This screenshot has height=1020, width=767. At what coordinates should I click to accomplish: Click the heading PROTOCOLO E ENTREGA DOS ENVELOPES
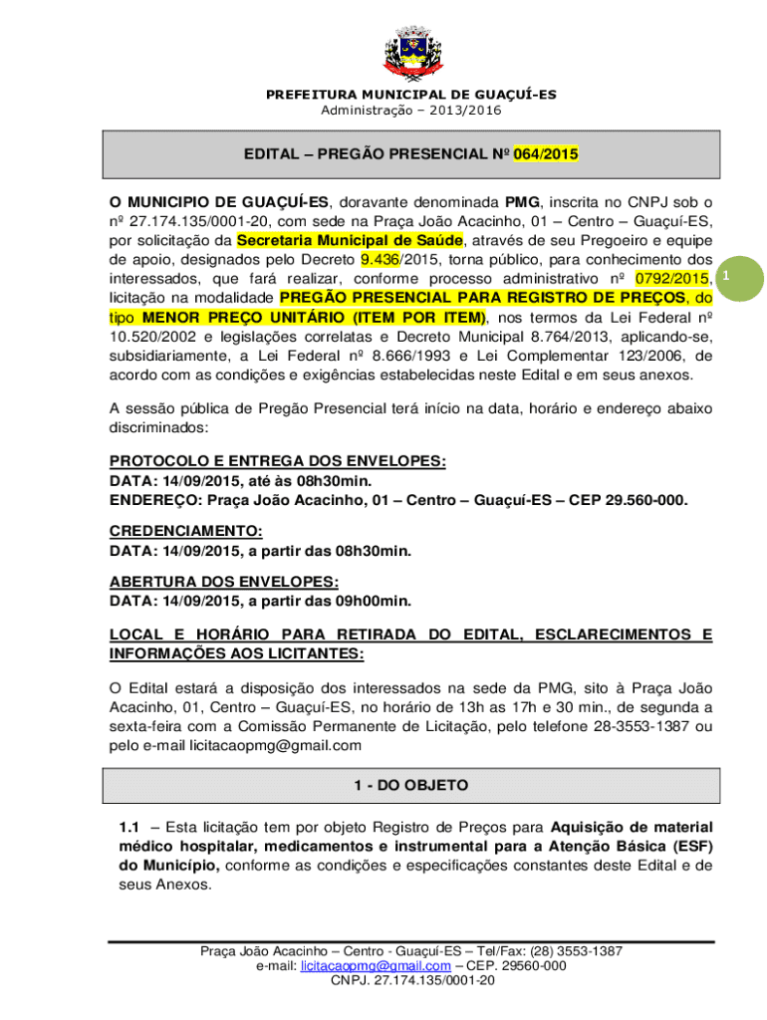pos(277,462)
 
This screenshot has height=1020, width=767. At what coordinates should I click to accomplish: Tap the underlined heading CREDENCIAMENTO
pos(186,532)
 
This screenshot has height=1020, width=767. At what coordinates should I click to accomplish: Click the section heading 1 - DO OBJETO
pos(409,786)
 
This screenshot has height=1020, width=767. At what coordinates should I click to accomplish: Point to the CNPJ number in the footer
pos(410,981)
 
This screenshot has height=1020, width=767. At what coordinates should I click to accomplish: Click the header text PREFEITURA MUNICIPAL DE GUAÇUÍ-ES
pos(410,95)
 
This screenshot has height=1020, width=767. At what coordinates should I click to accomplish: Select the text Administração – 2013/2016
pos(410,111)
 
